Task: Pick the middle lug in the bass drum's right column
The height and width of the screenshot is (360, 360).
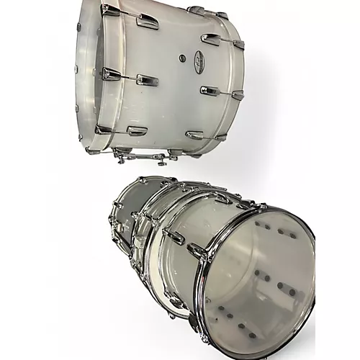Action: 209,91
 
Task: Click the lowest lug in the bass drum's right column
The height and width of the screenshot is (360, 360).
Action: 194,135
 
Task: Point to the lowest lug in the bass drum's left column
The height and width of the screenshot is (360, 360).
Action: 137,131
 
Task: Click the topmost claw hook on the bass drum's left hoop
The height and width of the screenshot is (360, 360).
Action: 109,9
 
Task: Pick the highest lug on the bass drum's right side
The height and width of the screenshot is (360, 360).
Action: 211,39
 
